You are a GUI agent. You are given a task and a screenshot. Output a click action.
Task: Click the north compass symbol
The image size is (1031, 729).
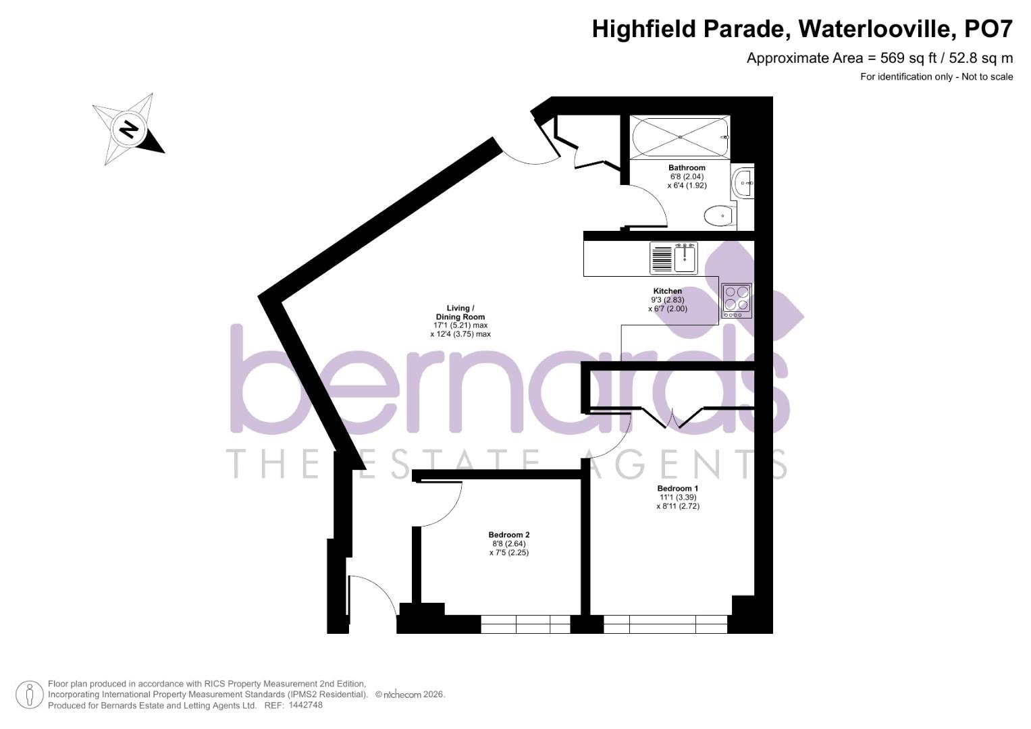click(x=128, y=128)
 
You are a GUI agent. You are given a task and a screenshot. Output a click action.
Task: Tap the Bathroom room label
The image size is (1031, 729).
click(x=687, y=168)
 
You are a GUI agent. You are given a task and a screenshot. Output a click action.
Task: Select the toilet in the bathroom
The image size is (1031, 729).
click(x=718, y=217)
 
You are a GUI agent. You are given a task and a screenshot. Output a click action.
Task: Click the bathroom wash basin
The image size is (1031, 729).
click(x=743, y=183)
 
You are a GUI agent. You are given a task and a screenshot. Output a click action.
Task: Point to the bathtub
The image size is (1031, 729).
click(x=680, y=137)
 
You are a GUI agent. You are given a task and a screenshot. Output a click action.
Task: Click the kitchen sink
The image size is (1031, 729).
click(x=674, y=258)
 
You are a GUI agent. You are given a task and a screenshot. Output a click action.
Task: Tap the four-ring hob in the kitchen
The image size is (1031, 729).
click(x=737, y=300)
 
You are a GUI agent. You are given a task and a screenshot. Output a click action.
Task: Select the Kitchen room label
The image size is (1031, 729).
click(x=667, y=291)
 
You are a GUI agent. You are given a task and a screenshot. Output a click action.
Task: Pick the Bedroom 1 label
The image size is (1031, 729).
click(x=677, y=488)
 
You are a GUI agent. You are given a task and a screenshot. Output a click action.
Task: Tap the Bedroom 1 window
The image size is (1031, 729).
click(x=665, y=624)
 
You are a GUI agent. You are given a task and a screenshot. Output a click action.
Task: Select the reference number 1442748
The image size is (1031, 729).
click(x=305, y=705)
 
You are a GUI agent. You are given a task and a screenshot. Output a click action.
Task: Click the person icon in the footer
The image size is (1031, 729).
click(x=30, y=695)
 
